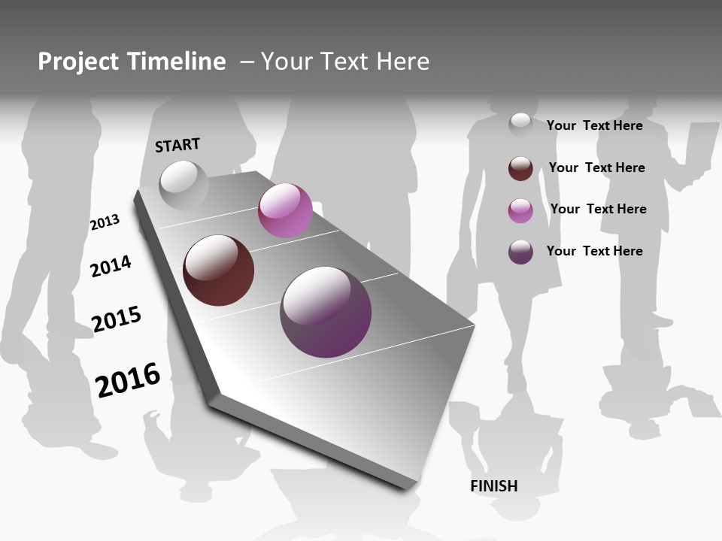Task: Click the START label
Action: [177, 145]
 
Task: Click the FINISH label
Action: [494, 486]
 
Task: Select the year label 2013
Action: [105, 222]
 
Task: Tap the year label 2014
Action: [111, 266]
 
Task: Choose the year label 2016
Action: [128, 379]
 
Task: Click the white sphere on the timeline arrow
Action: [184, 185]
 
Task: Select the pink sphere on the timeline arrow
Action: [285, 210]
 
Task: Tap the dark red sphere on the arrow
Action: [219, 270]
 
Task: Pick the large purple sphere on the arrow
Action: [326, 312]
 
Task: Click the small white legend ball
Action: [520, 124]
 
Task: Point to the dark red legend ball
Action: [520, 168]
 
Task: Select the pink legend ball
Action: [520, 210]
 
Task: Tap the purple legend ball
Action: [520, 252]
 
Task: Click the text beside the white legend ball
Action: [594, 125]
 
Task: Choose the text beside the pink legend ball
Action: [598, 209]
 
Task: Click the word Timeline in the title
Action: [176, 62]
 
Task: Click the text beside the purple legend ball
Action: [594, 251]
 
